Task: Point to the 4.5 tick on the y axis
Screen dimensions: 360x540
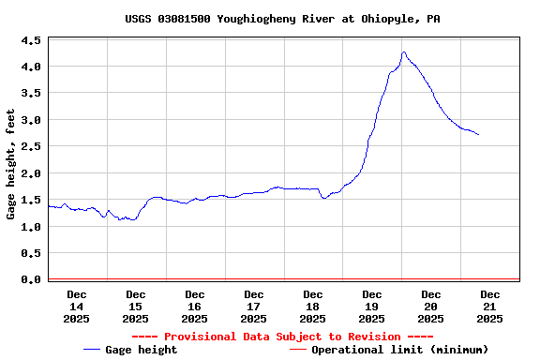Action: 31,40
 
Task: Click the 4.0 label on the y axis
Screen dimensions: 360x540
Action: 31,67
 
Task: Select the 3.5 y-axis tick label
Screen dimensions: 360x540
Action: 31,94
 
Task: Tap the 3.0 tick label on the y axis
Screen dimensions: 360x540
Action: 31,120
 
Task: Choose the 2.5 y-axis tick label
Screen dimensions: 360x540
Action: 31,147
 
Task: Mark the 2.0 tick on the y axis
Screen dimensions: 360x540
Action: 31,173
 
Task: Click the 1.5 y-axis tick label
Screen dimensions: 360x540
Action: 31,201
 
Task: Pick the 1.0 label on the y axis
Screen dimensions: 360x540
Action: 31,227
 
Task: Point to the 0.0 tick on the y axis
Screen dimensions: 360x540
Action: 31,279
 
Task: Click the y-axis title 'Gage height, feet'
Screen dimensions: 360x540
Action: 11,164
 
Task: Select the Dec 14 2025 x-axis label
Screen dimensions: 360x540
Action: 77,307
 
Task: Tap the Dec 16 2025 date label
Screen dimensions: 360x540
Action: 195,307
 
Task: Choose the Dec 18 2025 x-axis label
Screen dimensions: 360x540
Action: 313,307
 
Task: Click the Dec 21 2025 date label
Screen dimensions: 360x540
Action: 489,307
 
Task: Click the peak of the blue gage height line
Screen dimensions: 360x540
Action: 403,52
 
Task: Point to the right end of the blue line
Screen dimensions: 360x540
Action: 478,135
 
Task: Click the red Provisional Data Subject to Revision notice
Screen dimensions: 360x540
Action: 282,337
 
